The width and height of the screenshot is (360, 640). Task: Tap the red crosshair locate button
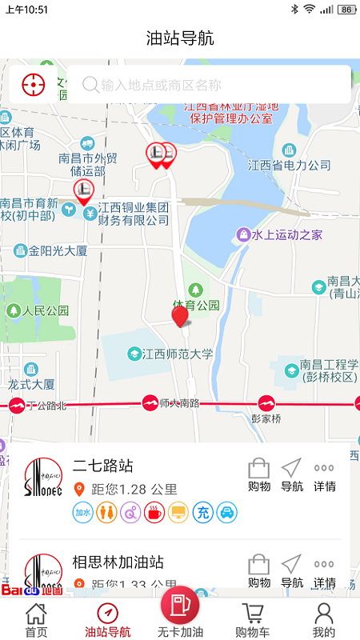(33, 84)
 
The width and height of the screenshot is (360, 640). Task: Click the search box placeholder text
(161, 85)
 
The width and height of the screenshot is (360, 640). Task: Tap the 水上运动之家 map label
(286, 234)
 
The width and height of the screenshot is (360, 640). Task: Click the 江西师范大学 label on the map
(178, 353)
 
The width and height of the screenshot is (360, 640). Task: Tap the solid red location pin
(181, 317)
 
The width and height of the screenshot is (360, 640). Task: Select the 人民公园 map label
(46, 310)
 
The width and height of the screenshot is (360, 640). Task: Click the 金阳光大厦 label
(58, 250)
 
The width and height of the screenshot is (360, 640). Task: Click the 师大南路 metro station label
(178, 402)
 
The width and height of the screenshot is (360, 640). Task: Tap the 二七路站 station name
(103, 466)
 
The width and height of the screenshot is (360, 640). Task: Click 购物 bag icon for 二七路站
(259, 469)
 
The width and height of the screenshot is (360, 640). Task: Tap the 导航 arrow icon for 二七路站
(292, 469)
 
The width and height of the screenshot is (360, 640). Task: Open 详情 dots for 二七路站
(324, 469)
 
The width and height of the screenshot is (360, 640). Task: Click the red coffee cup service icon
(154, 512)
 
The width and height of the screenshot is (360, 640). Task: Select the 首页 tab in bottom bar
(36, 621)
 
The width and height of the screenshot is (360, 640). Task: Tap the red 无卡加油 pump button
(180, 606)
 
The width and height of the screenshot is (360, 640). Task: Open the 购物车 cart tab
(253, 621)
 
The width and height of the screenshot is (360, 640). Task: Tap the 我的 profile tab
(323, 621)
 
